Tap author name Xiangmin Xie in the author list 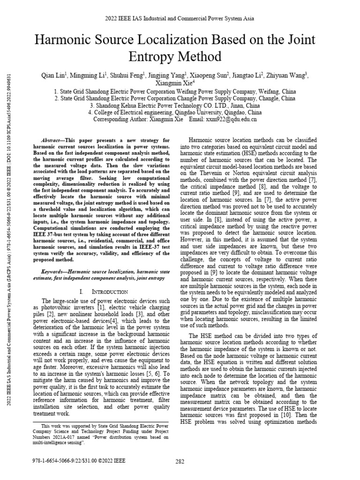(179, 82)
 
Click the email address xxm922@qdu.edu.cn (235, 120)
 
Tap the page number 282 (180, 461)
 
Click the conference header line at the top (180, 18)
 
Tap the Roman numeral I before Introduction (82, 292)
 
